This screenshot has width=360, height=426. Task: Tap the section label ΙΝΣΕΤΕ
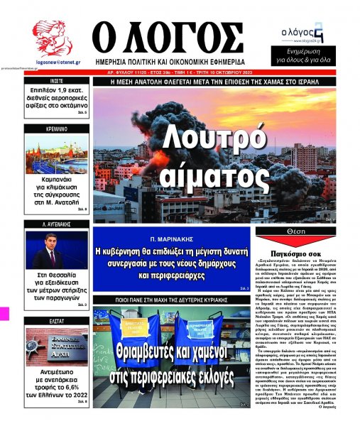(x=58, y=82)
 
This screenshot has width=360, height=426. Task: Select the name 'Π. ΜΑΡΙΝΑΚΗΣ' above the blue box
(x=172, y=240)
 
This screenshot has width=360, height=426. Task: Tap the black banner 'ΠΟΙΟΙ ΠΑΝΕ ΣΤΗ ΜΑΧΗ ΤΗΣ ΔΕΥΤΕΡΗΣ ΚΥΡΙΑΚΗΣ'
(x=172, y=300)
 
